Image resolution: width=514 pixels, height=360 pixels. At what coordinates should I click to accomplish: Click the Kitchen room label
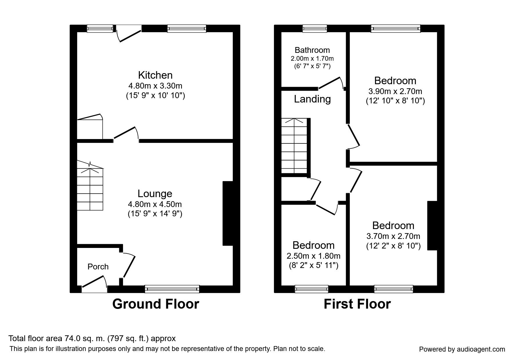click(x=155, y=75)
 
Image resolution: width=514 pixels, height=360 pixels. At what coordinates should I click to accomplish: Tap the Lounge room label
click(x=155, y=194)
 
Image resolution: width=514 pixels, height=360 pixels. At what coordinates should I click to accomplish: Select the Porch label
click(x=98, y=267)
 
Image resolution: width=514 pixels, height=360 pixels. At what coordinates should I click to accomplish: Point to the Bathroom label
click(x=312, y=50)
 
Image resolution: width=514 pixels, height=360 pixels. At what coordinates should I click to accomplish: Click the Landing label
click(x=312, y=99)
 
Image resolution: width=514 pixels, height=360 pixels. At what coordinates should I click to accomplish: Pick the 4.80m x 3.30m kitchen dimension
click(x=155, y=86)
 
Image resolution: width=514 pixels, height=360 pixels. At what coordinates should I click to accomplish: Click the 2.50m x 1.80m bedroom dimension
click(x=313, y=256)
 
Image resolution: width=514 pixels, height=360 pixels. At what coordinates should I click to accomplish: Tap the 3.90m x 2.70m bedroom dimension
click(x=395, y=91)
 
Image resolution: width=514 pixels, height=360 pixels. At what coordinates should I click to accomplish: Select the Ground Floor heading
click(x=156, y=304)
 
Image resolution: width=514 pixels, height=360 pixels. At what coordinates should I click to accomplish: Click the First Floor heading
click(x=357, y=304)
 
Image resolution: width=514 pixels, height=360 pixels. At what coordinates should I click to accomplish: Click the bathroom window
click(x=315, y=28)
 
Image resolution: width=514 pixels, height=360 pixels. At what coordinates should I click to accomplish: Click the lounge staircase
click(x=90, y=186)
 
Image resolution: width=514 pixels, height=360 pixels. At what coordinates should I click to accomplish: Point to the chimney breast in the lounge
click(x=228, y=213)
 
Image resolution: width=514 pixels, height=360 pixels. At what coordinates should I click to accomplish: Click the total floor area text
click(x=92, y=339)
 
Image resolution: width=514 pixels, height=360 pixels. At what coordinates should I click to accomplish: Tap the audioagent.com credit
click(x=462, y=349)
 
